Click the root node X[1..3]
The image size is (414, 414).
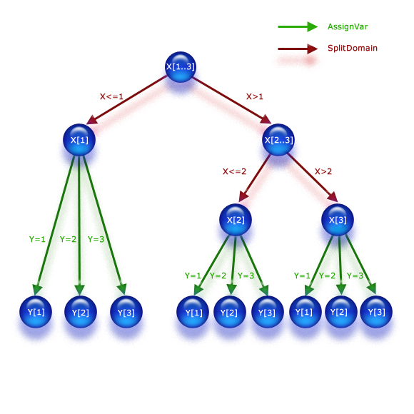tap(181, 67)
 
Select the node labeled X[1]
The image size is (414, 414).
tap(79, 140)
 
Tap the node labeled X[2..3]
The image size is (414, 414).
tap(278, 140)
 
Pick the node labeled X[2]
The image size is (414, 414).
tap(236, 220)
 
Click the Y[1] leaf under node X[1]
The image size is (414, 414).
tap(36, 312)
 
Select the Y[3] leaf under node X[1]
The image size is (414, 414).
tap(126, 312)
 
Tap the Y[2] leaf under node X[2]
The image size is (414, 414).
tap(228, 312)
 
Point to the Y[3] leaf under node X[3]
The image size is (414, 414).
tap(376, 312)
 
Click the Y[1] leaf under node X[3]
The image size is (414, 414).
tap(305, 312)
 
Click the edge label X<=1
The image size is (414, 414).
tap(111, 96)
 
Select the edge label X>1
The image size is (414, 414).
tap(255, 96)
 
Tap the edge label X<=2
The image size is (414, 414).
tap(234, 171)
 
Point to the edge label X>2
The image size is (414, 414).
tap(324, 171)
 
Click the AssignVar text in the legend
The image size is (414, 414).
tap(348, 26)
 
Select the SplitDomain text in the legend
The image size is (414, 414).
tap(352, 49)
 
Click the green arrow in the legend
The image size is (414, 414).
tap(297, 26)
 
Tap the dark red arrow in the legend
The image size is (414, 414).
tap(297, 49)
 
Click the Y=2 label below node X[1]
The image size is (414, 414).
tap(68, 239)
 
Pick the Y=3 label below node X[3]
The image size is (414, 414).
tap(355, 276)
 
